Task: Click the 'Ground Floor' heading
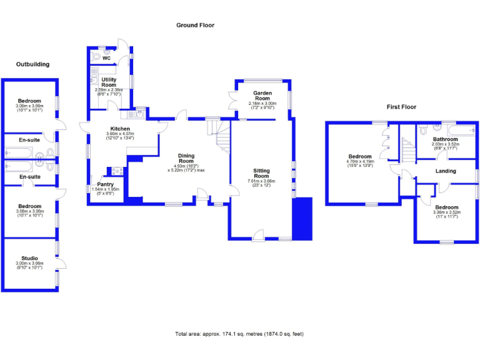point(195,26)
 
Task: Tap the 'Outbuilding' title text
point(32,64)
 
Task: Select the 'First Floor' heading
point(401,107)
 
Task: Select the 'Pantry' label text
point(105,184)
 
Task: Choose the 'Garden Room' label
point(262,96)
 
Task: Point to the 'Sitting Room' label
point(261,173)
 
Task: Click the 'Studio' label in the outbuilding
point(29,258)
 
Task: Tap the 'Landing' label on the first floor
point(446,171)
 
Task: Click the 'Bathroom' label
point(446,139)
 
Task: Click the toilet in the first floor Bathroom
point(424,131)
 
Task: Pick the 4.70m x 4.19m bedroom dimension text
point(360,162)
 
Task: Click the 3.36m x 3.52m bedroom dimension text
point(446,212)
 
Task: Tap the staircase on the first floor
point(407,150)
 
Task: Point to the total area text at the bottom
point(239,334)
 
